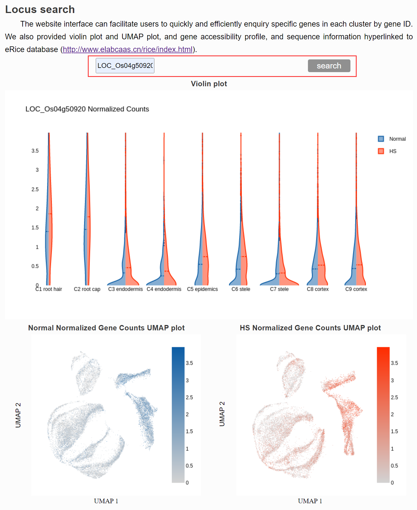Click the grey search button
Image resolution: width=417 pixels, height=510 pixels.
329,66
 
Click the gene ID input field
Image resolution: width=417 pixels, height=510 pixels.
125,66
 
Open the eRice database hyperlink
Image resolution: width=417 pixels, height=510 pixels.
127,50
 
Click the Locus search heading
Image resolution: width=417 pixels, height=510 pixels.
40,9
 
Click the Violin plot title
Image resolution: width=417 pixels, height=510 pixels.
209,84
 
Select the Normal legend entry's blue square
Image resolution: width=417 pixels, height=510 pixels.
381,139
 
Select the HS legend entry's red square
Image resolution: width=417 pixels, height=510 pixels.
381,151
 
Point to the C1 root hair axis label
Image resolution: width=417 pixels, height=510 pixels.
49,289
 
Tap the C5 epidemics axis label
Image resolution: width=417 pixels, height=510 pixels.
202,289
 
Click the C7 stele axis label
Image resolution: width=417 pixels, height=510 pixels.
279,289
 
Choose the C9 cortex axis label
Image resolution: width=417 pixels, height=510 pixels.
356,289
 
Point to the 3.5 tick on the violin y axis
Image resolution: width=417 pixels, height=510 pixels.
35,151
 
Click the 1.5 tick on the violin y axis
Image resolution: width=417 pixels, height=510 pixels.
35,228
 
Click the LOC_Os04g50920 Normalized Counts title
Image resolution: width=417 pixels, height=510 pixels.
87,109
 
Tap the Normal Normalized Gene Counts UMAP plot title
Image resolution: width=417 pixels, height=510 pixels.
106,328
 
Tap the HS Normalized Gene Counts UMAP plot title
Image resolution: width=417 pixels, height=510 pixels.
310,328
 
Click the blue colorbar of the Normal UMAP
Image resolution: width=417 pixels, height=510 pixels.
178,414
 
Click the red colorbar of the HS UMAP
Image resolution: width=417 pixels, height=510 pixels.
383,414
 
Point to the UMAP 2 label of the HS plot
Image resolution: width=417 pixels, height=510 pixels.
222,414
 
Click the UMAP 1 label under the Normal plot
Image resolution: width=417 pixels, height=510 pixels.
106,501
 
